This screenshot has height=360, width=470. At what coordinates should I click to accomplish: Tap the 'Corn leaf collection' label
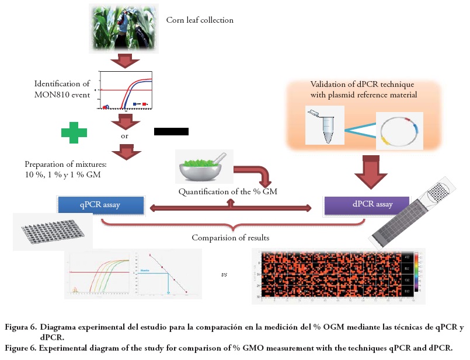click(199, 20)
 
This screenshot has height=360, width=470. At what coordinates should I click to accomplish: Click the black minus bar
click(171, 131)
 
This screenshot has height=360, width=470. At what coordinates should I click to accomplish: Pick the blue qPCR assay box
click(100, 205)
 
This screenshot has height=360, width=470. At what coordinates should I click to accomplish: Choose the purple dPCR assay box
click(358, 205)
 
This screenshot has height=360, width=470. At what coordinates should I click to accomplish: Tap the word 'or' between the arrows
click(124, 135)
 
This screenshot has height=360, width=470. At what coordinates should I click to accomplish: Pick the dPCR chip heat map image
click(338, 275)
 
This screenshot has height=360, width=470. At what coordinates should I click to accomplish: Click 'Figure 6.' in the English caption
click(23, 348)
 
